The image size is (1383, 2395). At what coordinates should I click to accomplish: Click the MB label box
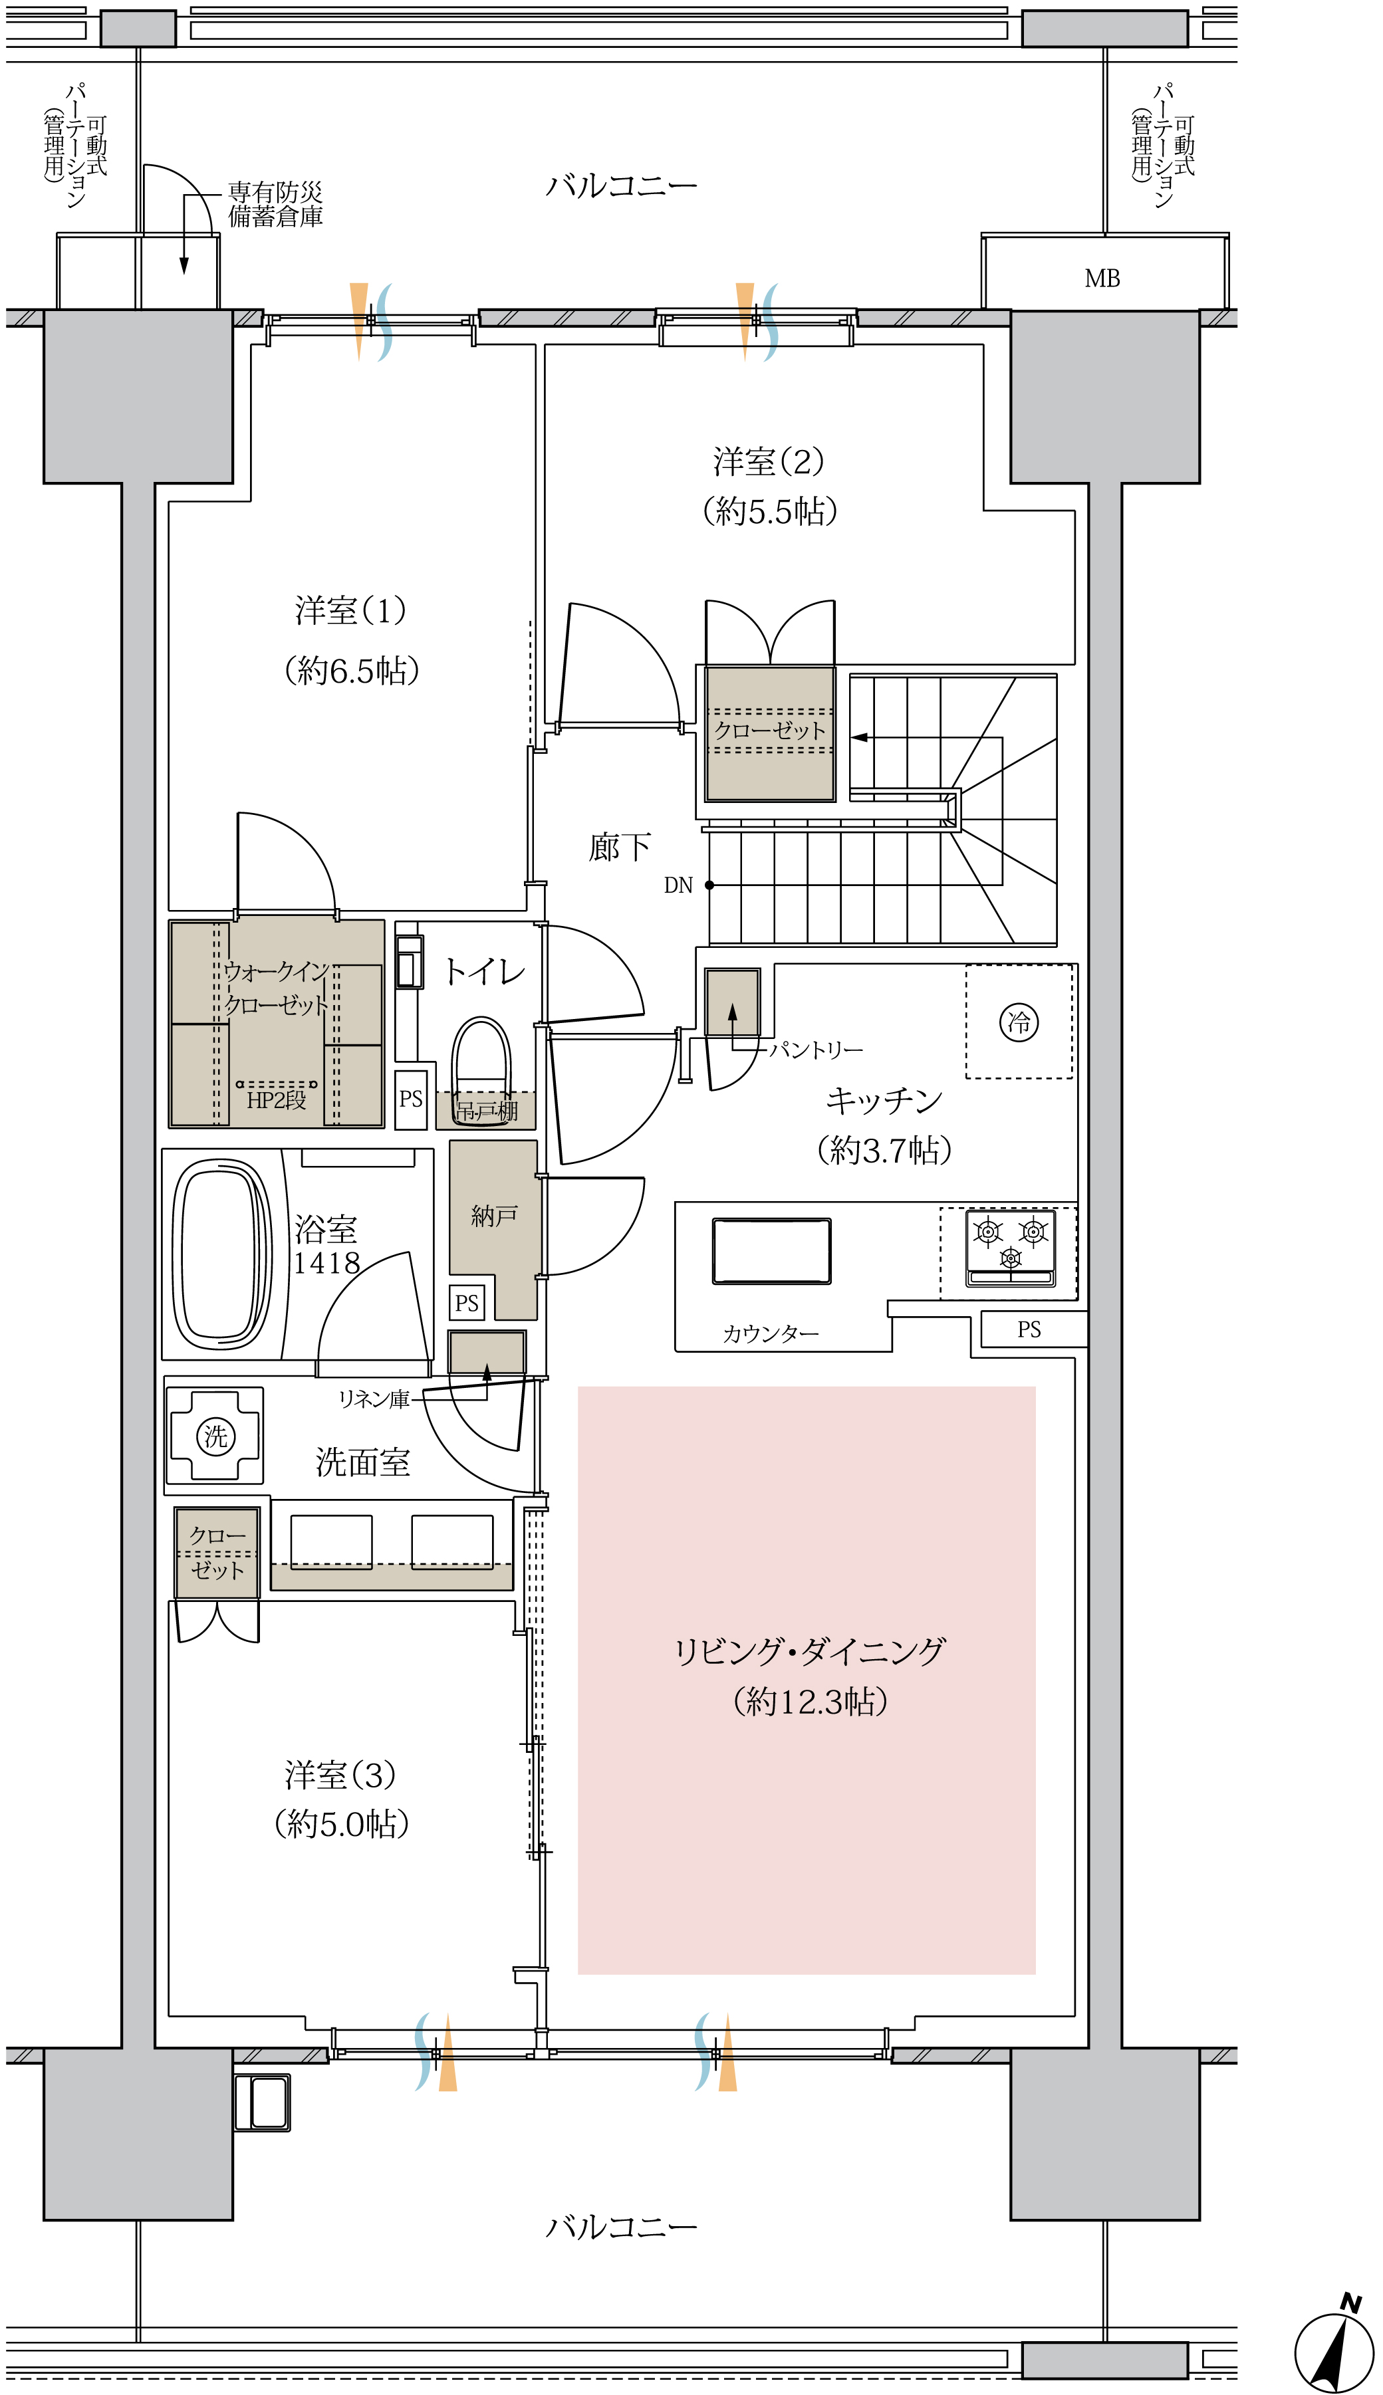(1104, 273)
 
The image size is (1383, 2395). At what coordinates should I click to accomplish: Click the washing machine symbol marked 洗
(215, 1436)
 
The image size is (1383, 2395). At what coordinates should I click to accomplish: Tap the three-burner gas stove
(1011, 1247)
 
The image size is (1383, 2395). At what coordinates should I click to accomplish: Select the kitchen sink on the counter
(771, 1251)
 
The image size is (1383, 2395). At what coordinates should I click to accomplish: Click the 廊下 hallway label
(619, 846)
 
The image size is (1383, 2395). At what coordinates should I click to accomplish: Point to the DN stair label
(678, 885)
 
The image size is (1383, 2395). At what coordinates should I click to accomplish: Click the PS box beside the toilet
(410, 1099)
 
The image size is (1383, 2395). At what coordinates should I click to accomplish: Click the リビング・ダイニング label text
(809, 1651)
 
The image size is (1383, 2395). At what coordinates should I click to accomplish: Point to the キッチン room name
(884, 1099)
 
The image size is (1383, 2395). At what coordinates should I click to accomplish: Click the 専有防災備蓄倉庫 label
(275, 204)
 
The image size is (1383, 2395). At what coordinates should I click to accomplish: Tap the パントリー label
(816, 1050)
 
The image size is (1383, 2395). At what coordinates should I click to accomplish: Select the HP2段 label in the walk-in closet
(277, 1099)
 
